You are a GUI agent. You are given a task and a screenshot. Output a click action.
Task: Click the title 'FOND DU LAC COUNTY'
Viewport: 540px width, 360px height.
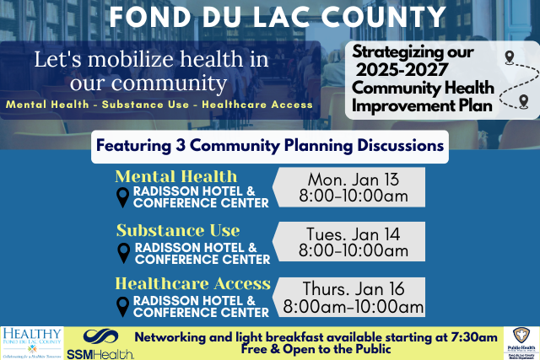point(278,18)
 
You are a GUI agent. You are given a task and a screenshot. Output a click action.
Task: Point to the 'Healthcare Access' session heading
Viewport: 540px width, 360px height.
point(193,283)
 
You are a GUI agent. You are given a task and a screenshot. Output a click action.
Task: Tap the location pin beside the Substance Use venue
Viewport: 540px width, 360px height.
point(123,252)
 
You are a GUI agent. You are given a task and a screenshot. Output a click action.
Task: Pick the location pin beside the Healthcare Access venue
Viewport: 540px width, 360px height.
point(123,306)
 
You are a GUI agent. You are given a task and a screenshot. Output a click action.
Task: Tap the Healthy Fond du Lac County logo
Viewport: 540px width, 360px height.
point(32,342)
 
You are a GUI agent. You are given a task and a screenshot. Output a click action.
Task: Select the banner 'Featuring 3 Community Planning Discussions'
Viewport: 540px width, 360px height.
point(269,145)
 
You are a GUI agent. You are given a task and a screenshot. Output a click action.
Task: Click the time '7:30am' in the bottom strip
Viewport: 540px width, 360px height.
point(473,336)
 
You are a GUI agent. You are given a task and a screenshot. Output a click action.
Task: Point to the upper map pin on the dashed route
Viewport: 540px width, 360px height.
point(509,58)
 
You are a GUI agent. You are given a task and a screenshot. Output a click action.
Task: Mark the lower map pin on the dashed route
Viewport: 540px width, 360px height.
point(524,102)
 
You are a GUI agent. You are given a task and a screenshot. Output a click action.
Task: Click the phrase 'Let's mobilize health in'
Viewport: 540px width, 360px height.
point(152,61)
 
